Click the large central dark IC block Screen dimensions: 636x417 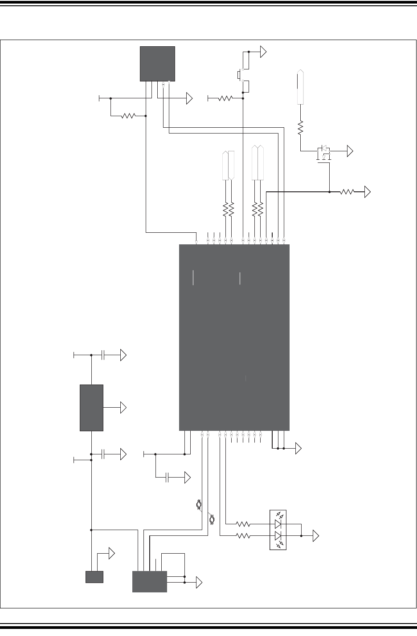coord(234,337)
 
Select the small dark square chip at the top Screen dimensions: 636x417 coord(157,63)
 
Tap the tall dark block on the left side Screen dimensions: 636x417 coord(91,408)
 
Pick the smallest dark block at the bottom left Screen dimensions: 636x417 coord(94,577)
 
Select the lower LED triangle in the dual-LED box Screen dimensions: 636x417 coord(278,535)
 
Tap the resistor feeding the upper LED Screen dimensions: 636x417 coord(243,525)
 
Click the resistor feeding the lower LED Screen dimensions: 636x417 coord(243,536)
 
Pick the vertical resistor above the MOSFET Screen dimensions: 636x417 coord(300,128)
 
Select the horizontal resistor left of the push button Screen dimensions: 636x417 coord(225,98)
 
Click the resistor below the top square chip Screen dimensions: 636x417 coord(128,116)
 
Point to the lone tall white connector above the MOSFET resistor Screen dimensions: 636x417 coord(301,87)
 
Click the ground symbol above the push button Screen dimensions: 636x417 coord(263,52)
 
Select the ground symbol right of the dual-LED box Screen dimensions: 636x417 coord(316,536)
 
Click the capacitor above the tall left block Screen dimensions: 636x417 coord(103,355)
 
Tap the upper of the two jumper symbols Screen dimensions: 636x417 coord(199,505)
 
